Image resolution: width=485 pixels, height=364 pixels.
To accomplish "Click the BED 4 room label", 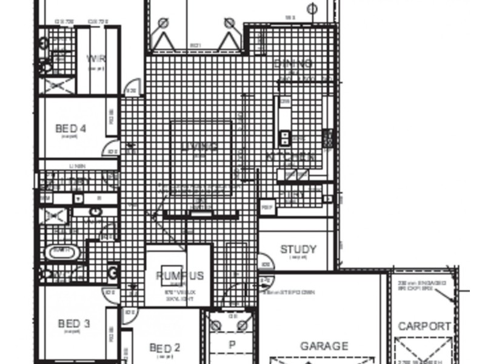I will point(70,129).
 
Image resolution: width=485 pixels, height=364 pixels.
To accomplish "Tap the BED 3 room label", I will point(74,324).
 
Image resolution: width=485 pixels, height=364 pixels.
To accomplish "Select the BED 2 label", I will point(165,348).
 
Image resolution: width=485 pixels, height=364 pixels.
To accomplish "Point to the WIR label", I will point(96,59).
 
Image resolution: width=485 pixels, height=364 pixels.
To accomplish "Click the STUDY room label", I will point(298,249).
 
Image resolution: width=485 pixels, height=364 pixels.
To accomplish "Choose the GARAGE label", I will point(324,346).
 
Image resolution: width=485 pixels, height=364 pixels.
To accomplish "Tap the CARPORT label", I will point(424,326).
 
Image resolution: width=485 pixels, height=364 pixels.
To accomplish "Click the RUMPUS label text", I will point(179,276).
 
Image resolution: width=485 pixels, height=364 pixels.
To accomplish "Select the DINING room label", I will point(293,64).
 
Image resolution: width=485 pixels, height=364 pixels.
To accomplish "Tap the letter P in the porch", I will point(231,345).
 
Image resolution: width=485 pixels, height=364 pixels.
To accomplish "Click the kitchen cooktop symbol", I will point(284,138).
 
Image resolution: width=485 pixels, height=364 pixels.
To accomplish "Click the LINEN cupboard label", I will point(78,165).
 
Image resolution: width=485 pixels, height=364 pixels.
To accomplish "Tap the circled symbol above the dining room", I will point(312,9).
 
